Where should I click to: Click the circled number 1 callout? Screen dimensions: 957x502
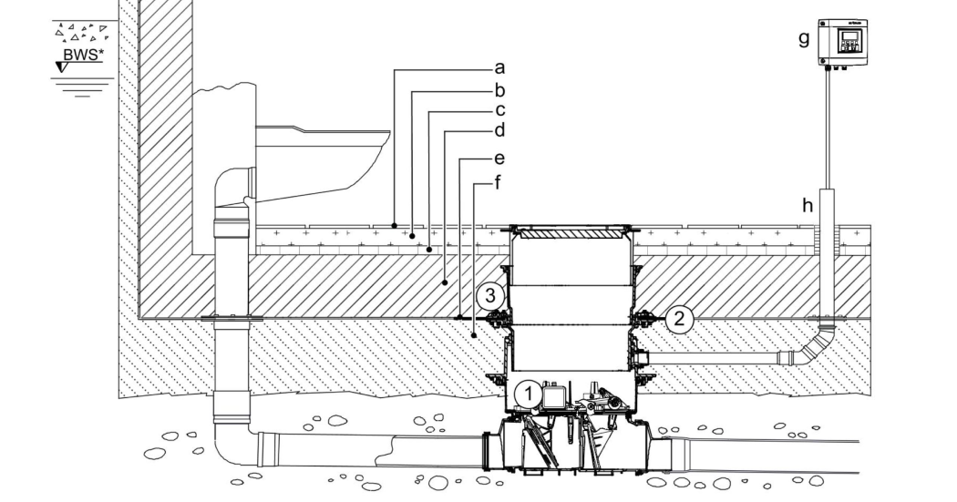tap(529, 394)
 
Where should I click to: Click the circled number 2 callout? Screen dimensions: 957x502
tap(679, 319)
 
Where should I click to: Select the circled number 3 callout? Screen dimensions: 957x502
tap(490, 296)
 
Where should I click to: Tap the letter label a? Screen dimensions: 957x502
tap(499, 67)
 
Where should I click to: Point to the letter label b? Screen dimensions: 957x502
tap(499, 90)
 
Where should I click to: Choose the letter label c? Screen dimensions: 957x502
tap(499, 110)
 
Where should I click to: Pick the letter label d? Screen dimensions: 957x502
tap(499, 130)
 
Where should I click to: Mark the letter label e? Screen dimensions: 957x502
tap(499, 159)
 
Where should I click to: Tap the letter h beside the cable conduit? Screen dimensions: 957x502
tap(808, 206)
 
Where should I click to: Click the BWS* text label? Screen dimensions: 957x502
tap(83, 55)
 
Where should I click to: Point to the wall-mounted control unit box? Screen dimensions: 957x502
tap(842, 43)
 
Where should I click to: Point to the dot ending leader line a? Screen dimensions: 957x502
tap(395, 225)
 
